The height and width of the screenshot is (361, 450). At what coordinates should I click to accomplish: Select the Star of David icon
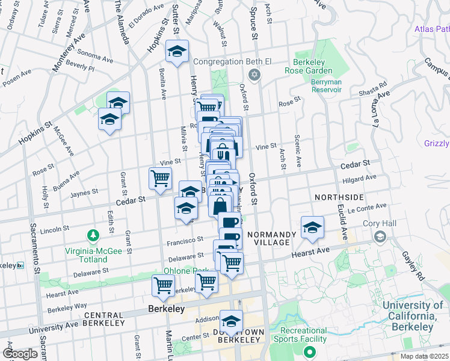point(254,75)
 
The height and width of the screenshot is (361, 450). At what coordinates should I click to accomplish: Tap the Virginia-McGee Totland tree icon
point(93,234)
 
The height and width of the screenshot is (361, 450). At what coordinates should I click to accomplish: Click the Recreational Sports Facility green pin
point(310,352)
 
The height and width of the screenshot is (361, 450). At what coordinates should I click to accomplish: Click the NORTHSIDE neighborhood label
point(339,197)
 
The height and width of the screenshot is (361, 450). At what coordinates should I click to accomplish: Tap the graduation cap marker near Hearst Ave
point(312,228)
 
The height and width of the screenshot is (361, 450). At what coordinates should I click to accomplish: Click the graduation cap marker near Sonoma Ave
point(177,52)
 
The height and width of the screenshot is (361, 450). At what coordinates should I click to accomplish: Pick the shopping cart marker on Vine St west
point(161,179)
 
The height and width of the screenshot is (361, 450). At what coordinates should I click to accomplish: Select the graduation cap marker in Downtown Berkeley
point(230,321)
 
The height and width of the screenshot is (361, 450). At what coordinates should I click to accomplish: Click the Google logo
point(20,354)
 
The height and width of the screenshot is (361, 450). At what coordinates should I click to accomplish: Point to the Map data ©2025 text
point(424,356)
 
